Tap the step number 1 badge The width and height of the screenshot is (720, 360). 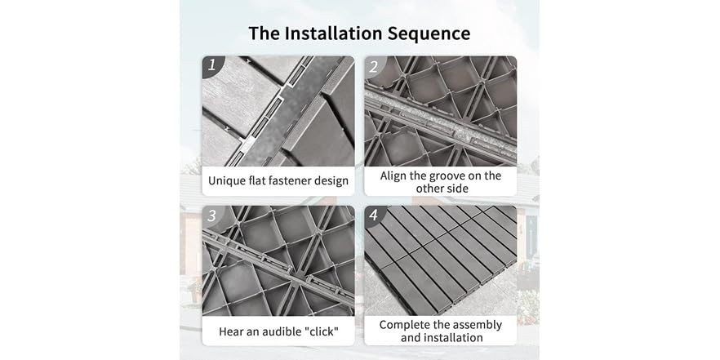coord(211,65)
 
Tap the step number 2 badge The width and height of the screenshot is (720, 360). coord(374,65)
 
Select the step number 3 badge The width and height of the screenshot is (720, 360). coord(211,216)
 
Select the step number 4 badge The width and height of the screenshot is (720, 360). coord(374,216)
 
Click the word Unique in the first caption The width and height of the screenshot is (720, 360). coord(228,181)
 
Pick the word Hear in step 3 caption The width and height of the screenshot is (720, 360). coord(233,331)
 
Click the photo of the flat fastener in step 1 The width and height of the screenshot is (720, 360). coord(278,111)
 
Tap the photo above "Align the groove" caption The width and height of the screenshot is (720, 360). coord(440,111)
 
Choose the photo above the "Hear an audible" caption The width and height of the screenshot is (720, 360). coord(278,260)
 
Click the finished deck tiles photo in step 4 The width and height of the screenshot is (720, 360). coord(440,260)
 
